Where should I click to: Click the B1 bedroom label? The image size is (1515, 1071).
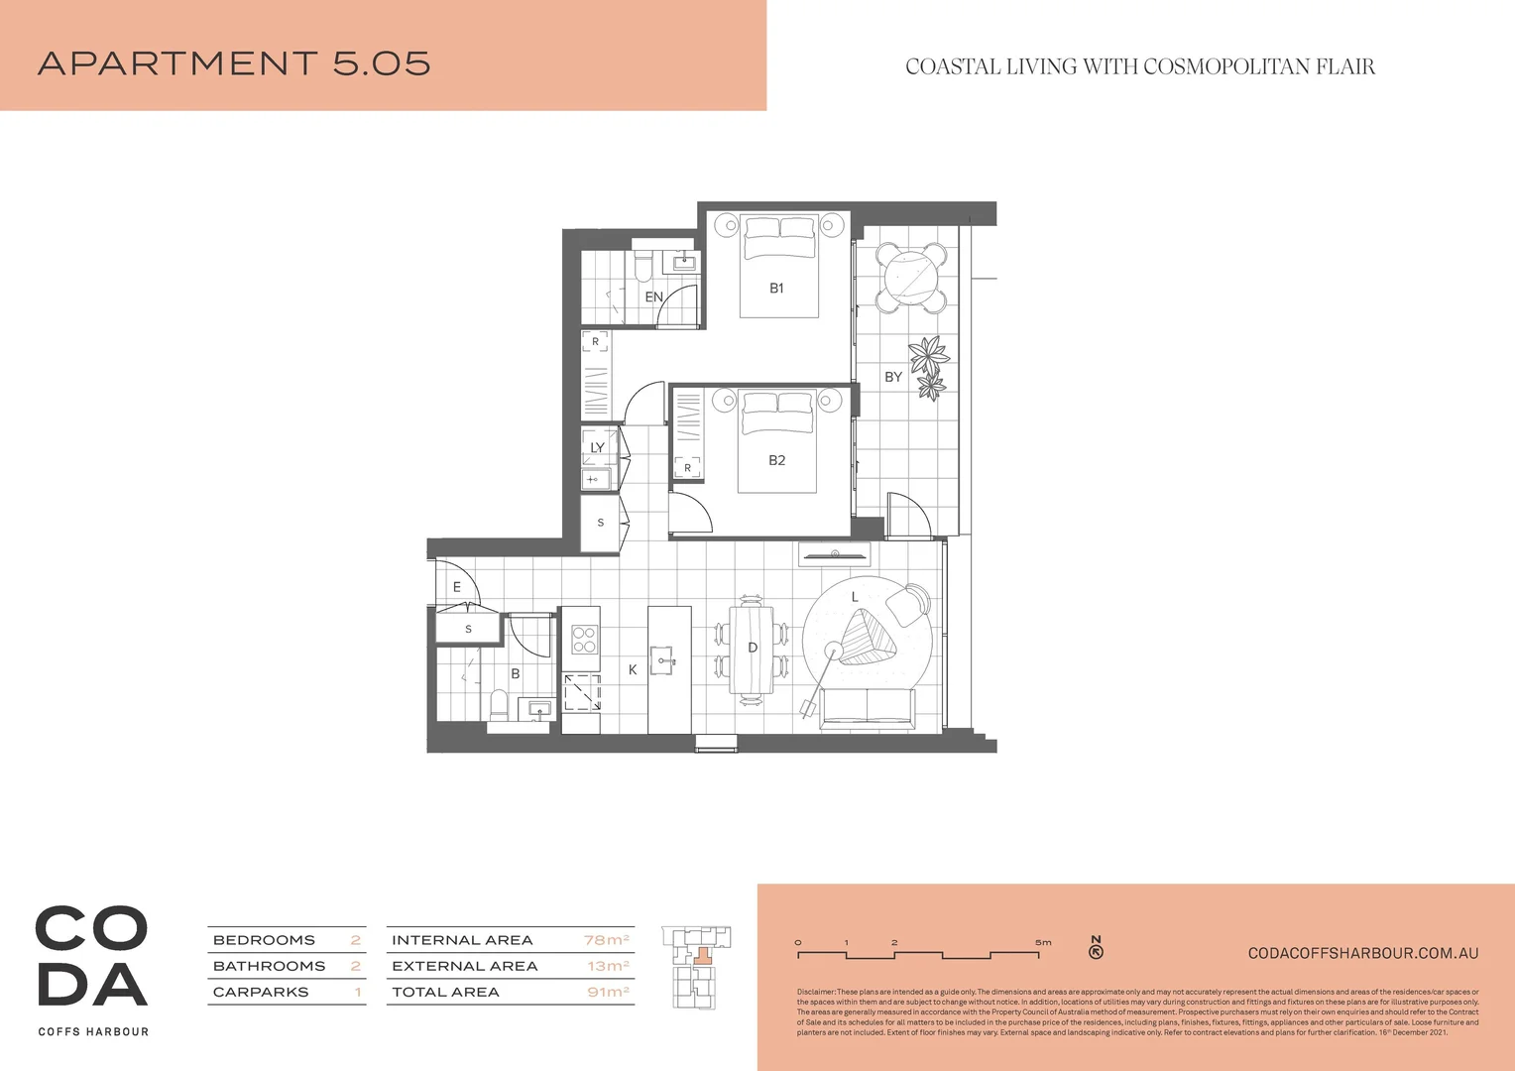click(776, 289)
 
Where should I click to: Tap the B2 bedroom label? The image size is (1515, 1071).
click(776, 460)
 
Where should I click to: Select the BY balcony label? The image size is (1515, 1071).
click(893, 377)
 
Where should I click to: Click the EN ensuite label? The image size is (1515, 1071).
click(653, 297)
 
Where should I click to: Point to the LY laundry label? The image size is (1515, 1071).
click(597, 447)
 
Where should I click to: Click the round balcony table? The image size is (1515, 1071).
click(911, 276)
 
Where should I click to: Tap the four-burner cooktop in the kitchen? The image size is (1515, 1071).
click(584, 640)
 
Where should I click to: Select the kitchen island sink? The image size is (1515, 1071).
click(664, 659)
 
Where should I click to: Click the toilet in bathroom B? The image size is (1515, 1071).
click(500, 706)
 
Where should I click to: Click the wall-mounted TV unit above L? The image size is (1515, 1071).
click(835, 554)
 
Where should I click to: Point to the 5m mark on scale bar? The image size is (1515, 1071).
click(1042, 943)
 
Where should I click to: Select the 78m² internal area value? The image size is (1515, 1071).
click(606, 940)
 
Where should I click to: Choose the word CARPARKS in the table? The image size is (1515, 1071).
click(261, 992)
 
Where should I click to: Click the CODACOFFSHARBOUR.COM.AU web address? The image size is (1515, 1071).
click(1362, 953)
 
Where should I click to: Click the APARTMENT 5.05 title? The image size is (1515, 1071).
click(234, 63)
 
